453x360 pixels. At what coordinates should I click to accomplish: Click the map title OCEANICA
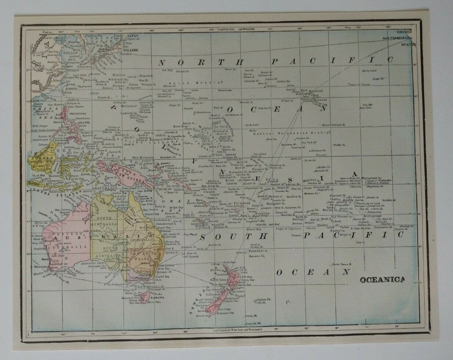[x=382, y=280]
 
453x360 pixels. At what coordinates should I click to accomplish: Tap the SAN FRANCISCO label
[x=397, y=38]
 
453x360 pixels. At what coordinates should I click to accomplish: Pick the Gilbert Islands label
[x=225, y=155]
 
